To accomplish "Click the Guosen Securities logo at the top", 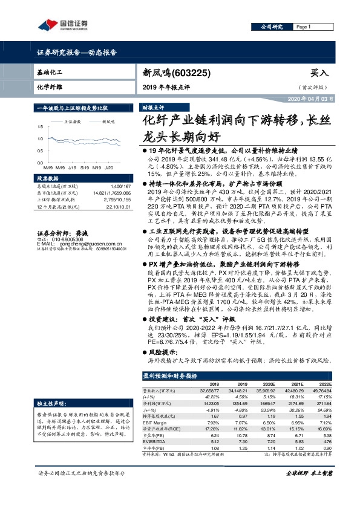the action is [x=63, y=25].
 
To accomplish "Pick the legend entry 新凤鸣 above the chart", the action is [x=109, y=122].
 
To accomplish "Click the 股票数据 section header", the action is [x=48, y=179].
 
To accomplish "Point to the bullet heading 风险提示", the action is [x=159, y=351].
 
